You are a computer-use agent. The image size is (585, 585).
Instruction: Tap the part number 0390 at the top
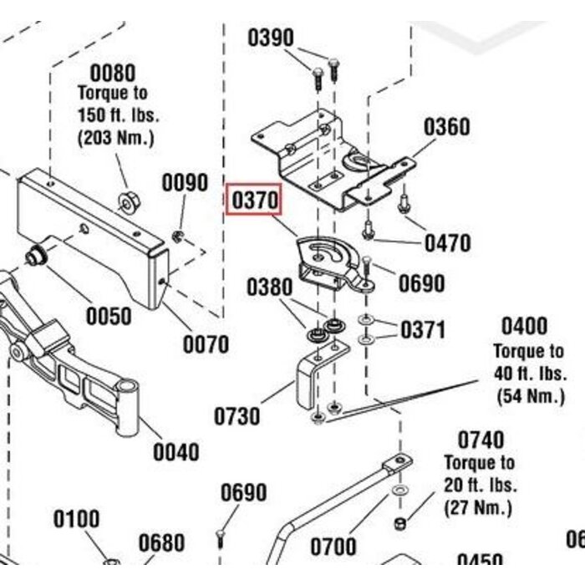coord(271,38)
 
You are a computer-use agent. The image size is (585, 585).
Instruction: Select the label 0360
coord(446,127)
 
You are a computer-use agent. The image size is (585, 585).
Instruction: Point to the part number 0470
coord(447,243)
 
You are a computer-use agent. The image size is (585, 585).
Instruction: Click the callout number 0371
coord(423,329)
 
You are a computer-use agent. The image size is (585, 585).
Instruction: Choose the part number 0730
coord(237,415)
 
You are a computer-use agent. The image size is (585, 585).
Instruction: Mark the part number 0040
coord(175,452)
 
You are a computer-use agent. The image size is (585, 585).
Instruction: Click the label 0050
coord(109,316)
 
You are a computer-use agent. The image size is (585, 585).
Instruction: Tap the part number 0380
coord(269,287)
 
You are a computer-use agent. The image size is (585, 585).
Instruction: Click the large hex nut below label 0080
coord(128,201)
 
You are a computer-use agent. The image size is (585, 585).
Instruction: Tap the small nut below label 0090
coord(178,237)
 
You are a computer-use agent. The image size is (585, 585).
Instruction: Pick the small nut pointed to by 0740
coord(399,523)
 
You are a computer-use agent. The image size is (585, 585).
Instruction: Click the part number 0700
coord(333,548)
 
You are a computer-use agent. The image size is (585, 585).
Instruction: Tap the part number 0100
coord(77,520)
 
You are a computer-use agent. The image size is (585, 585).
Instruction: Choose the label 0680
coord(161,544)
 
